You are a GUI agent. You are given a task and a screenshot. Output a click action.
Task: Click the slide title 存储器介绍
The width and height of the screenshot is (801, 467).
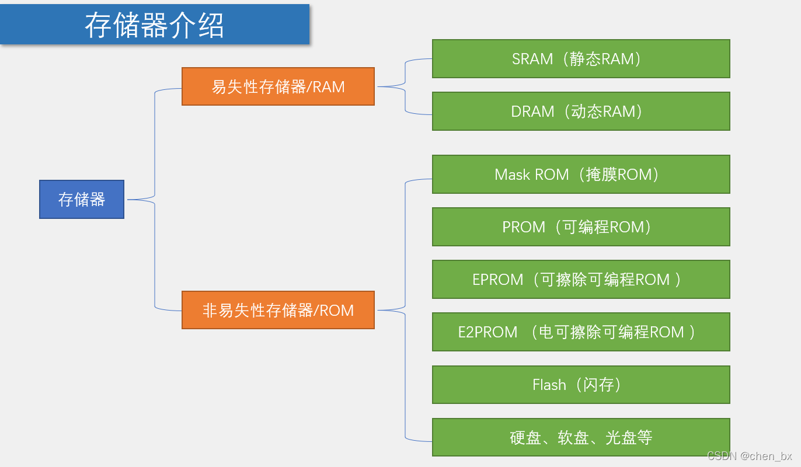coord(155,25)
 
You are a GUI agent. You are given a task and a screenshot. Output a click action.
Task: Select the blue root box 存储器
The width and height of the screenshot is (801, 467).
coord(82,200)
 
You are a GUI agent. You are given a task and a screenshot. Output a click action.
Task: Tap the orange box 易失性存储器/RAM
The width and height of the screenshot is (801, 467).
coord(278,87)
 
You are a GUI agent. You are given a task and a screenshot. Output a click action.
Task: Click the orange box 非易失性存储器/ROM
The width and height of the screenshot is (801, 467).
coord(278,310)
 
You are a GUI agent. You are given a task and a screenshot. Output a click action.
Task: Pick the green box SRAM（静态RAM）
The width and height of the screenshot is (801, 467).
coord(581,59)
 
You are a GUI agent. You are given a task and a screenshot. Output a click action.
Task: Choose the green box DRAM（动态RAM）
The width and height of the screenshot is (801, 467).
coord(581,111)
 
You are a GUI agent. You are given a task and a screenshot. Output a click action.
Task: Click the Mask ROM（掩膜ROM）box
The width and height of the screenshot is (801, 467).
coord(581,175)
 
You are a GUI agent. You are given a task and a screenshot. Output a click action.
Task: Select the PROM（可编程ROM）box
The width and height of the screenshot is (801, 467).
coord(581,227)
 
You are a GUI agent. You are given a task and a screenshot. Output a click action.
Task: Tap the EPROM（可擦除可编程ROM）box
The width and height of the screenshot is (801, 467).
coord(581,280)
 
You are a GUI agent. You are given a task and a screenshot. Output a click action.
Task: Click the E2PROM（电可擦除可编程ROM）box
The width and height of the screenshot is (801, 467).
coord(581,332)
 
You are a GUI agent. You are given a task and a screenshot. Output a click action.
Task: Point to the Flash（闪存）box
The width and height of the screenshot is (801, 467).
coord(581,385)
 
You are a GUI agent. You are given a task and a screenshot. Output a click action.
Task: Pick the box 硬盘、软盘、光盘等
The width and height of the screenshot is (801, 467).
coord(581,437)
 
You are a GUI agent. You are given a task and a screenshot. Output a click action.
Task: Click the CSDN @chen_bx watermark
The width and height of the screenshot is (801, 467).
coord(750,456)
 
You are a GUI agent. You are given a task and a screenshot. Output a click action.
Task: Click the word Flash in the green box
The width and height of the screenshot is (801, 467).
coord(549,385)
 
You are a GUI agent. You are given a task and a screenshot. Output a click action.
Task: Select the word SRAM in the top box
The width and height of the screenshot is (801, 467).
coord(532,59)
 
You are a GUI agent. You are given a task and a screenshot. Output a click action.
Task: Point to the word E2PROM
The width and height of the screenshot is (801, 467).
coord(487,332)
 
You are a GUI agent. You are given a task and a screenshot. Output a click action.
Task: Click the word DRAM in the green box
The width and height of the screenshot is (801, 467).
coord(532,111)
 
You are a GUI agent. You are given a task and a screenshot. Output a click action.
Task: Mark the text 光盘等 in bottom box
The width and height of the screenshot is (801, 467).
coord(629,437)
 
